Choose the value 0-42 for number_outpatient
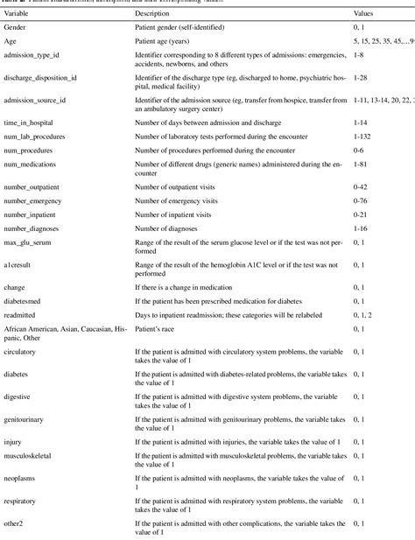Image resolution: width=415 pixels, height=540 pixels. (x=361, y=187)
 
